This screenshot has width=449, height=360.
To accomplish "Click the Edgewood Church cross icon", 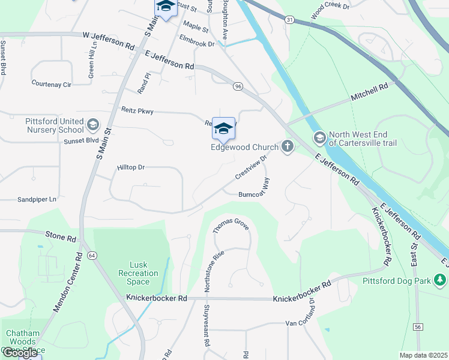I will click(x=288, y=146).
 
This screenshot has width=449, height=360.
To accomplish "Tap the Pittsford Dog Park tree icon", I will click(x=441, y=280).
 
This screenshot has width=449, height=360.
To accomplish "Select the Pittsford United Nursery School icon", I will click(x=92, y=125).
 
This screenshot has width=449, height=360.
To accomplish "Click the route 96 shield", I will click(x=238, y=87).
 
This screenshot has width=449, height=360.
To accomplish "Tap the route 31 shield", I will click(x=289, y=20).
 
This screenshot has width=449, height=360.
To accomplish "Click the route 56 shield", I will click(x=417, y=327).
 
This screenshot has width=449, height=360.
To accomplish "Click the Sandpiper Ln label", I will click(x=37, y=199).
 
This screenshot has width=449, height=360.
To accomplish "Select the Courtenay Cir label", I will click(x=51, y=85).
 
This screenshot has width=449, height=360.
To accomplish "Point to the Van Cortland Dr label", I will click(x=312, y=317).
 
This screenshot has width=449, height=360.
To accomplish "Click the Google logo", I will click(x=20, y=352).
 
